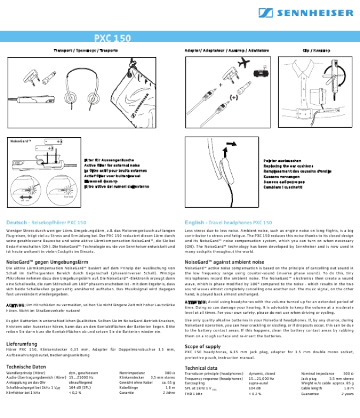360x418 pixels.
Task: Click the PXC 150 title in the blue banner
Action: pyautogui.click(x=112, y=38)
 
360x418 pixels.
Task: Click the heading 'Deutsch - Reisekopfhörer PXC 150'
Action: pyautogui.click(x=46, y=223)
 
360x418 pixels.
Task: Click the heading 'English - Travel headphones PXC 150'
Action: pyautogui.click(x=228, y=223)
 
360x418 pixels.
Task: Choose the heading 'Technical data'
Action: pyautogui.click(x=201, y=367)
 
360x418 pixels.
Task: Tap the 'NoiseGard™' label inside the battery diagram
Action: pyautogui.click(x=21, y=141)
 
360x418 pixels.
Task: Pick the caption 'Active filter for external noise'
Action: pyautogui.click(x=112, y=166)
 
